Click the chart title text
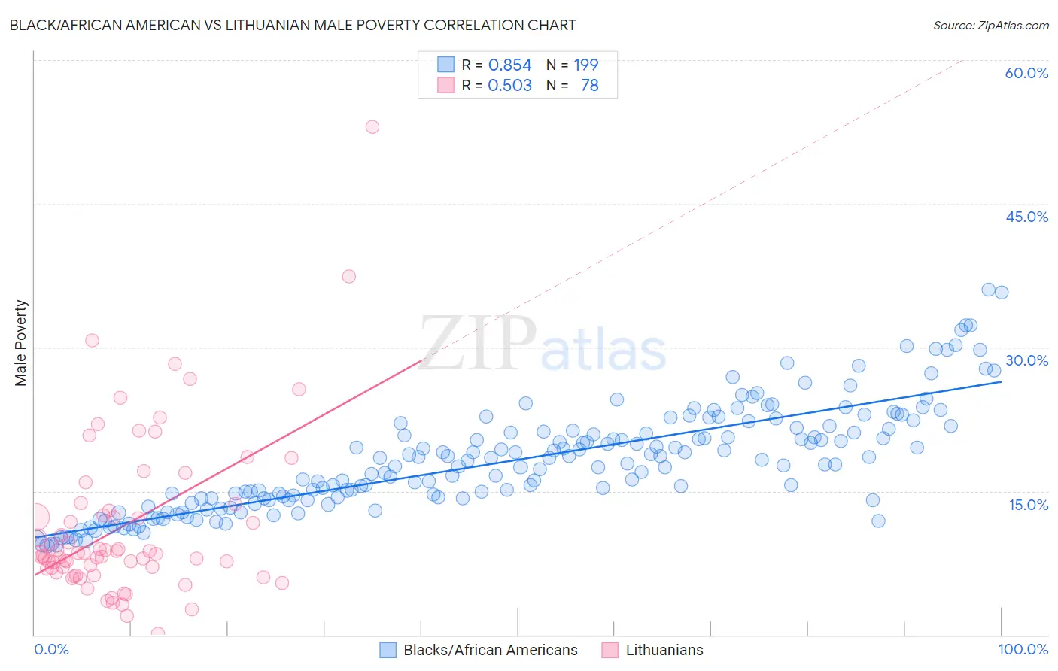(293, 25)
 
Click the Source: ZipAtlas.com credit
(990, 25)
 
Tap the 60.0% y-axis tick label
(1026, 73)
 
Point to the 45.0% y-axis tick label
(1026, 217)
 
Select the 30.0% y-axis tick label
(1026, 360)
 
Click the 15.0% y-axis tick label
(1028, 505)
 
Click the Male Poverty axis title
(21, 343)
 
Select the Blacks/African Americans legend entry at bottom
(490, 650)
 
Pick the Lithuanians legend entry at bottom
(664, 650)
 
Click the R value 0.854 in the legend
(509, 65)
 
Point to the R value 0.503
(509, 86)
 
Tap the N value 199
(585, 65)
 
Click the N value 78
(589, 86)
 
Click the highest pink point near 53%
(372, 127)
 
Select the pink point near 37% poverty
(348, 276)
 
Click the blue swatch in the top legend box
(446, 65)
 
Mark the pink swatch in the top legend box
(446, 85)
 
